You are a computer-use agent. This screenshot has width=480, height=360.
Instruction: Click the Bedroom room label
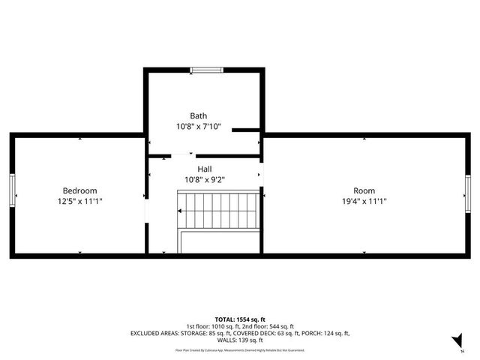click(x=79, y=190)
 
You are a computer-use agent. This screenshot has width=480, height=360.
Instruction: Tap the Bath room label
click(x=198, y=115)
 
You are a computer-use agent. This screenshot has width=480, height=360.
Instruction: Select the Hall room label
click(x=205, y=169)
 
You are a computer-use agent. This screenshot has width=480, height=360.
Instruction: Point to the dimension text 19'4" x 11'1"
click(x=364, y=201)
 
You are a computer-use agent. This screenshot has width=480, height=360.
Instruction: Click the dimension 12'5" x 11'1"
click(x=79, y=201)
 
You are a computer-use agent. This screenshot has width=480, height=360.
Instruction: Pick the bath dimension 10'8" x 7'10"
click(x=198, y=127)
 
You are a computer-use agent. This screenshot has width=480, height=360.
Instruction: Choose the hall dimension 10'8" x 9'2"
click(x=205, y=180)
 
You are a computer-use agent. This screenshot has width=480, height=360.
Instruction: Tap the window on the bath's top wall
click(x=206, y=70)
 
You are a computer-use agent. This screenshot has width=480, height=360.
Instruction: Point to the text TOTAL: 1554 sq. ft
click(x=240, y=318)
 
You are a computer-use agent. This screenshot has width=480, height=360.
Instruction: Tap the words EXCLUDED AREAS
click(x=156, y=333)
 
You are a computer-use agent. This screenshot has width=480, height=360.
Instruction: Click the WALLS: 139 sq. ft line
click(x=240, y=340)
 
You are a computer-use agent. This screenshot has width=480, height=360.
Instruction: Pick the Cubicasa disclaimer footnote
click(x=240, y=350)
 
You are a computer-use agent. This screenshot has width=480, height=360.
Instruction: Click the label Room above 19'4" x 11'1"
click(x=364, y=190)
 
